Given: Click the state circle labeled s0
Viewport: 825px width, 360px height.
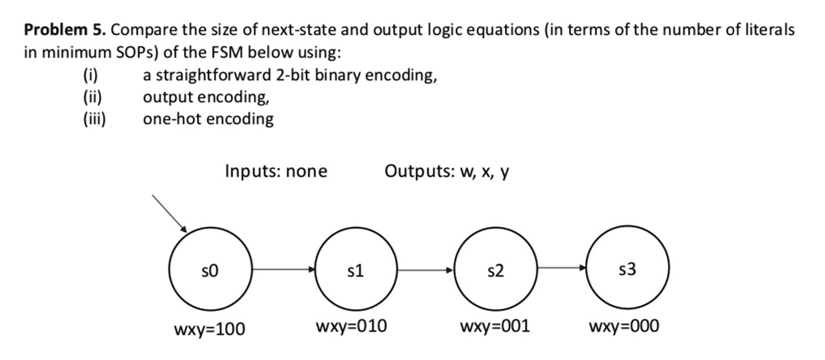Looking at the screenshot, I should pyautogui.click(x=213, y=268).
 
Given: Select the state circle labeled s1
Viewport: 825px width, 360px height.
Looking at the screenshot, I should pyautogui.click(x=352, y=268).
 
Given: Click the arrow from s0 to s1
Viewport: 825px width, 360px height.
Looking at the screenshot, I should pyautogui.click(x=283, y=268).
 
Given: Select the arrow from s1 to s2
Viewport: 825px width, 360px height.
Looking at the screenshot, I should pyautogui.click(x=424, y=268).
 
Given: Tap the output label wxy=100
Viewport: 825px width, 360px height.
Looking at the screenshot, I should pyautogui.click(x=210, y=328).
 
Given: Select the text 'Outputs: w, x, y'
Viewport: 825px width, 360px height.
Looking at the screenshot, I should pyautogui.click(x=447, y=171).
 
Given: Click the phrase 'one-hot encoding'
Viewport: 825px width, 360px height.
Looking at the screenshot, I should pyautogui.click(x=207, y=119).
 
